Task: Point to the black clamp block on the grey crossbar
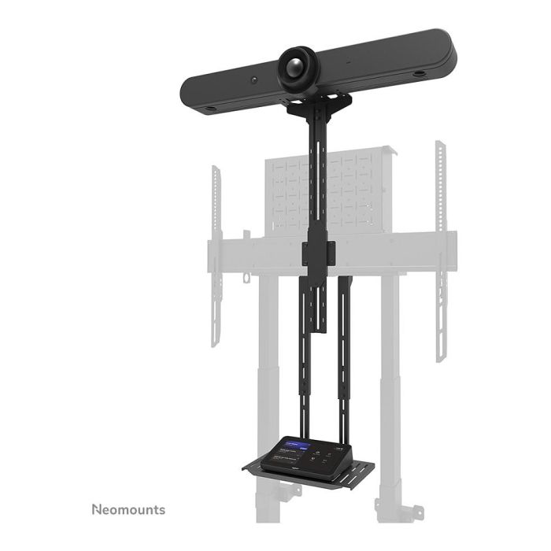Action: coord(319,253)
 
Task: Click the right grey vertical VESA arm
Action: coord(441,252)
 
